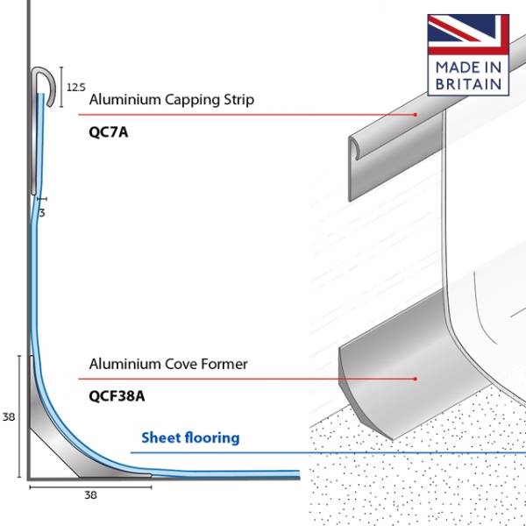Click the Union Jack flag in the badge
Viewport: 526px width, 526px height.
tap(468, 33)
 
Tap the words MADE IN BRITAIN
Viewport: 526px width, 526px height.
tap(468, 75)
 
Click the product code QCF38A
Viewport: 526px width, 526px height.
tap(117, 394)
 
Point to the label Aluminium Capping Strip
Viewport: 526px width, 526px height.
tap(172, 100)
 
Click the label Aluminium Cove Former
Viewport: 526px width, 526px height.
tap(168, 364)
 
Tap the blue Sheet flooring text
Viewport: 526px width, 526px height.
tap(190, 437)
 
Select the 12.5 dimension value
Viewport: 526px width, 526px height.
tap(75, 87)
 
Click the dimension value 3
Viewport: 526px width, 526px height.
tap(42, 212)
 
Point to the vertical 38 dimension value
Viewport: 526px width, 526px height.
tap(9, 417)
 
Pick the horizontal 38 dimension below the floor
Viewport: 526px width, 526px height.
tap(90, 494)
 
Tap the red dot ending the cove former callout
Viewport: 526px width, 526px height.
tap(415, 379)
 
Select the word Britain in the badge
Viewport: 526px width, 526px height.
tap(468, 84)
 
